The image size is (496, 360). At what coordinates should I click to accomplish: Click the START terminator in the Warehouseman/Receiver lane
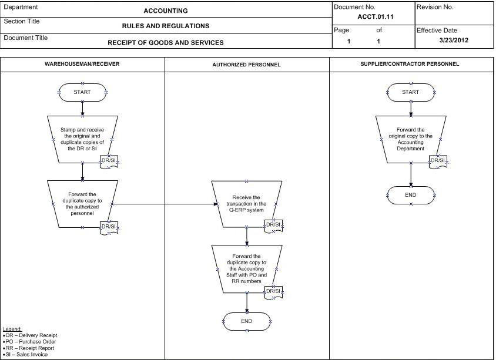[x=82, y=92]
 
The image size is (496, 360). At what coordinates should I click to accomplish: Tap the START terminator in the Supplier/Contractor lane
[x=411, y=92]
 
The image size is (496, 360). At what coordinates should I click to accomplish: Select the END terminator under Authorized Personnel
[x=247, y=321]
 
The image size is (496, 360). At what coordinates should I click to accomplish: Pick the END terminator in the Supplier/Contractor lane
[x=411, y=195]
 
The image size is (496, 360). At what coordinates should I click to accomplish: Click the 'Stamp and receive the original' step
[x=82, y=139]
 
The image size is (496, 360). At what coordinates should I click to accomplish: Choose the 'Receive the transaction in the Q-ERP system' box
[x=247, y=204]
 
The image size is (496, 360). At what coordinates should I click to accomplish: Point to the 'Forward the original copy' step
[x=411, y=139]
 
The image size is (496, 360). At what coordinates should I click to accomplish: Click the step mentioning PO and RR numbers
[x=247, y=269]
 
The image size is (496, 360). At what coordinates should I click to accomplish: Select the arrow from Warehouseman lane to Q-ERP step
[x=165, y=204]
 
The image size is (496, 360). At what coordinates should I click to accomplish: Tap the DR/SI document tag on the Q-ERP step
[x=273, y=226]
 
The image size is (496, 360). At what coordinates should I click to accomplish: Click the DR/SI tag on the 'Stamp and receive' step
[x=109, y=162]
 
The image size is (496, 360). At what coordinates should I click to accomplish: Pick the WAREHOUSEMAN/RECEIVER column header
[x=82, y=64]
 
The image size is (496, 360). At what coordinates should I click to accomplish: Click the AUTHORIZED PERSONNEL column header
[x=246, y=65]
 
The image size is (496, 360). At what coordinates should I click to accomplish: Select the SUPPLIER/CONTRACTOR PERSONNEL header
[x=410, y=64]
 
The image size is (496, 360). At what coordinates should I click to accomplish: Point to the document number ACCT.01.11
[x=376, y=17]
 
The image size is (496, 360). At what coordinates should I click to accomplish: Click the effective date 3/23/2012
[x=454, y=40]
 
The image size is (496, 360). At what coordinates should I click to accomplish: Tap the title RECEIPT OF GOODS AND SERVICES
[x=166, y=43]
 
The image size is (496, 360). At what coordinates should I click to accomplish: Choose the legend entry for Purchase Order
[x=29, y=342]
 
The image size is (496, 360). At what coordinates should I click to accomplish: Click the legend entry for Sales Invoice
[x=25, y=355]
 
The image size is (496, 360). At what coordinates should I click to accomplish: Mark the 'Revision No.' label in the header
[x=435, y=7]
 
